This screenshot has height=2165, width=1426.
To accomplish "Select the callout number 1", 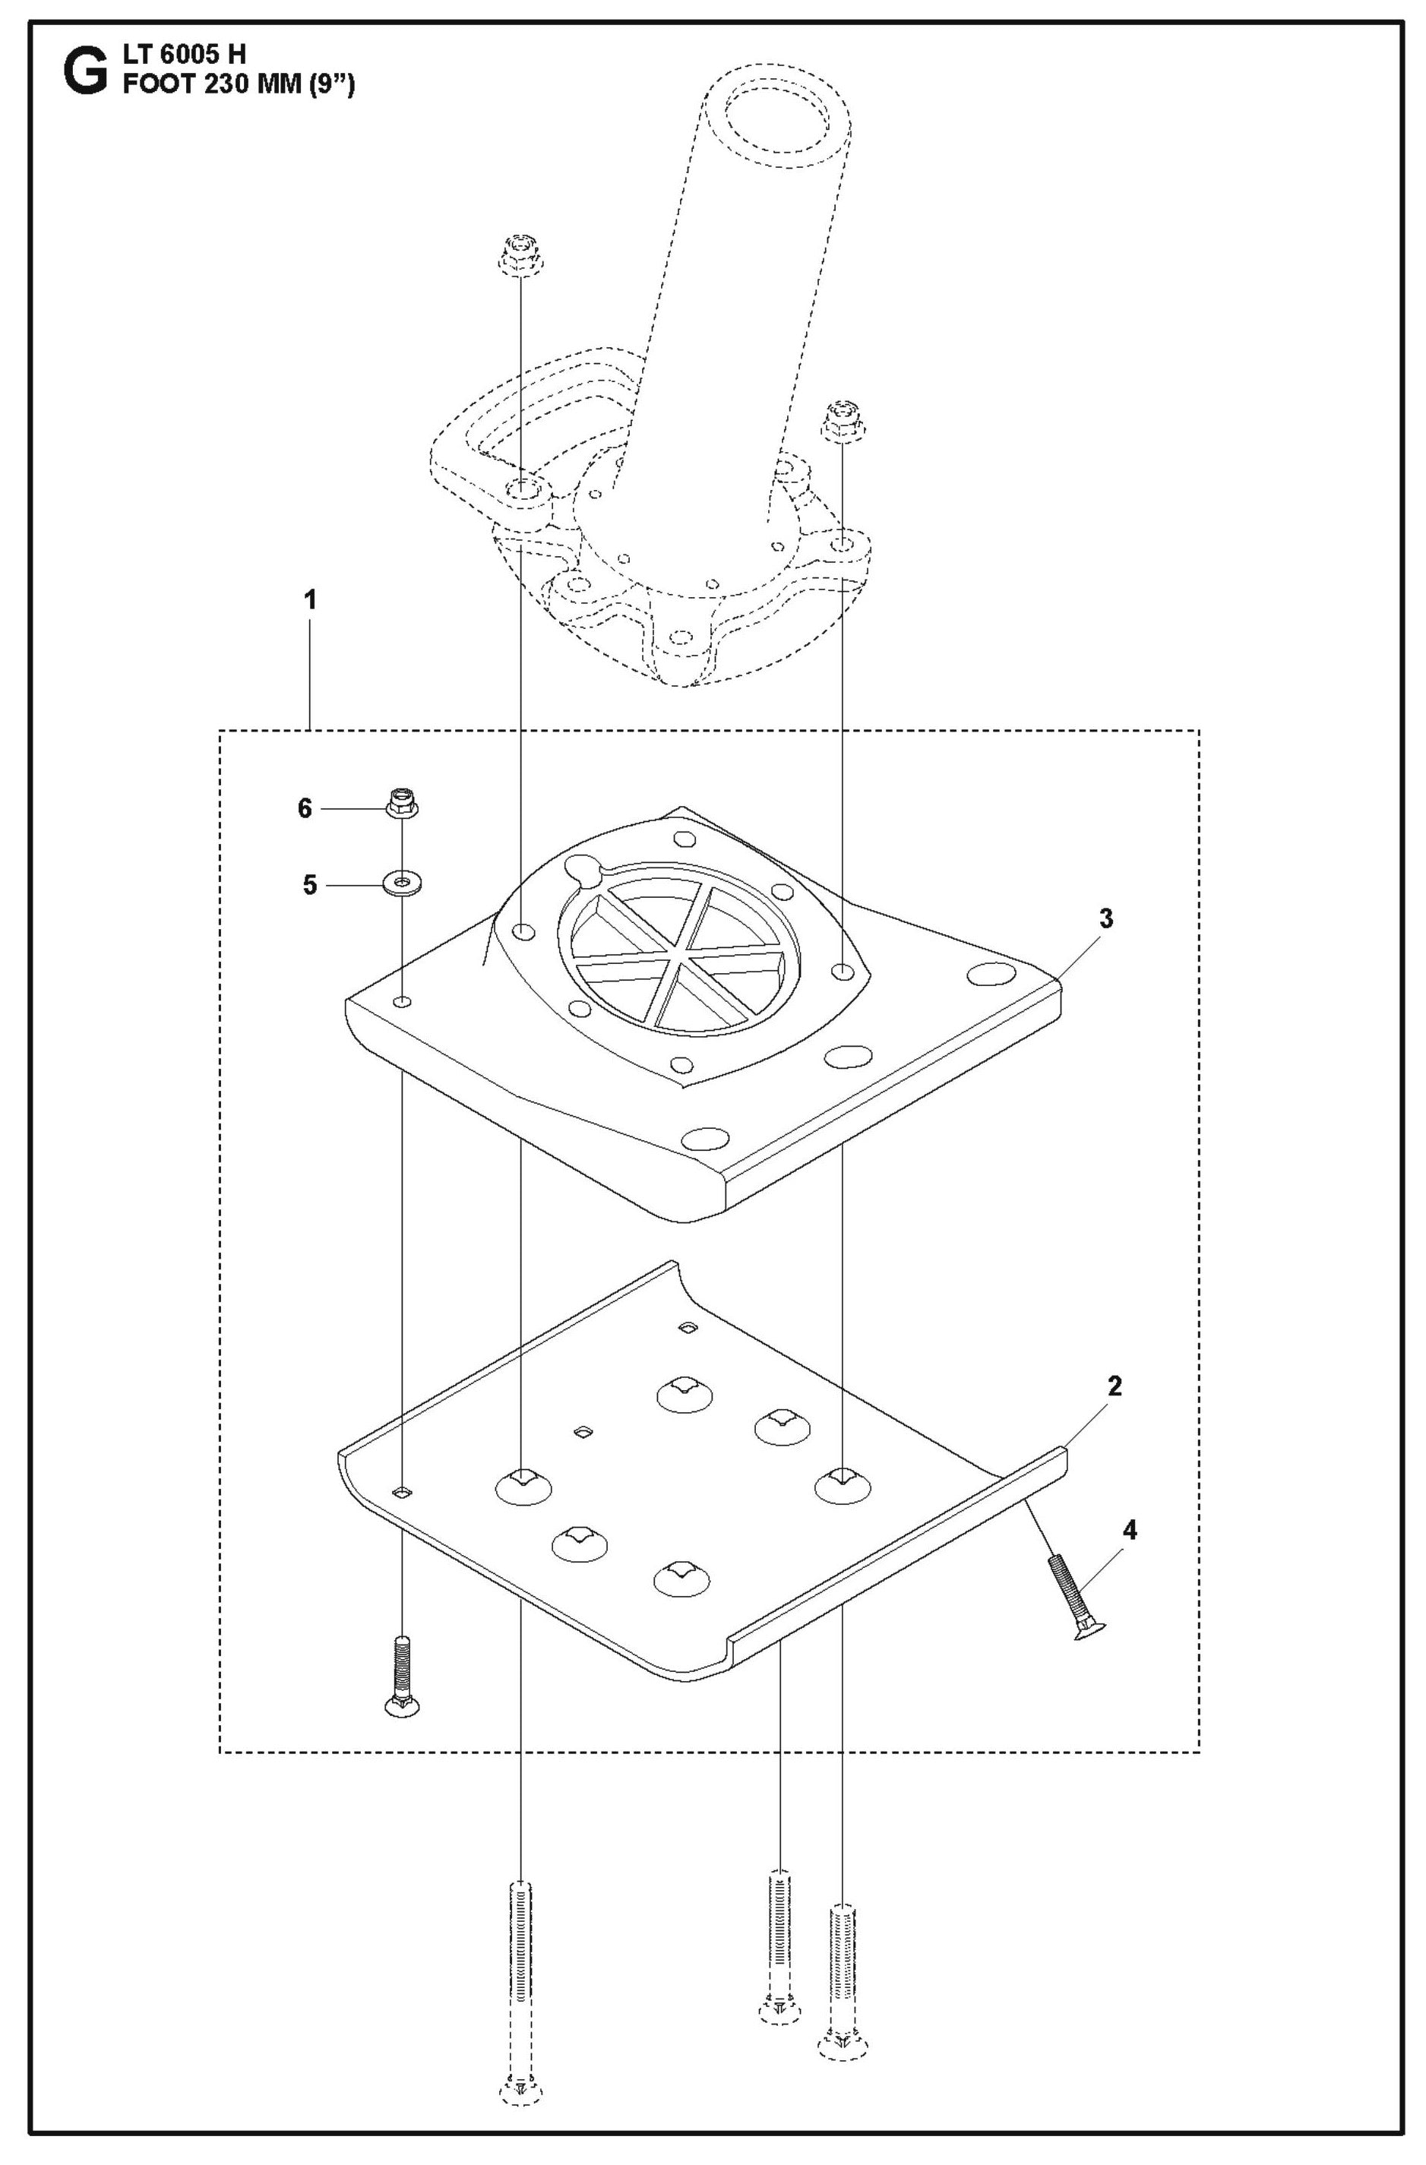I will [310, 600].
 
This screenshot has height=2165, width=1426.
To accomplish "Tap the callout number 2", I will [1114, 1386].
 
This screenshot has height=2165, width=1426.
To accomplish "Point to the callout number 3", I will [1105, 918].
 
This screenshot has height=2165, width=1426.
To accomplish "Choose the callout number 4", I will [1130, 1530].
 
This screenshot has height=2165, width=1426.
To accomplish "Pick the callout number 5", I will [310, 885].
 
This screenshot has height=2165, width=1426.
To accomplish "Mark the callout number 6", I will [305, 808].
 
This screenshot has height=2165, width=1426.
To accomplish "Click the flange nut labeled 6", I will [401, 803].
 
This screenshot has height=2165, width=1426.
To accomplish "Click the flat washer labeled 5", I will [401, 883].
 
